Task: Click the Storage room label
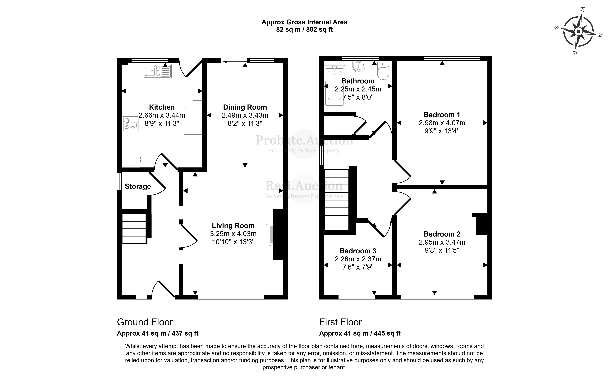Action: click(x=138, y=186)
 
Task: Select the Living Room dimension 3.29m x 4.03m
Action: click(x=233, y=234)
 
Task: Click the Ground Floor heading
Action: click(x=145, y=322)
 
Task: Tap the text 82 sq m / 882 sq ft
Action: click(x=304, y=30)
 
